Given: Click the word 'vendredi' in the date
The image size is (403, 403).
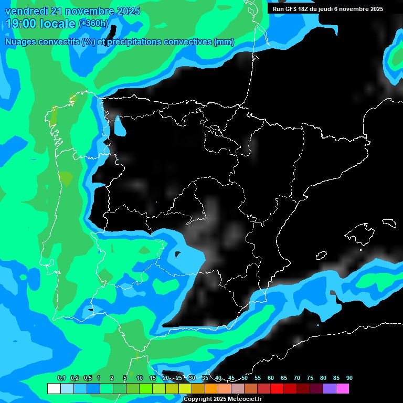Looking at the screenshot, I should [x=26, y=10].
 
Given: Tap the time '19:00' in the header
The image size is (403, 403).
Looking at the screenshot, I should [x=22, y=24].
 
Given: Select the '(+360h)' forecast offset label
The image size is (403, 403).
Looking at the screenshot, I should [x=94, y=24].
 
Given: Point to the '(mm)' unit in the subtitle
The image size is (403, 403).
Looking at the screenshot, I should [x=224, y=42].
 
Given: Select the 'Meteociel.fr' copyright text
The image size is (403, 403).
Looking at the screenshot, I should [x=245, y=399].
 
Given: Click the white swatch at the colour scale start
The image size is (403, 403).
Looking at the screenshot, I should [x=54, y=388].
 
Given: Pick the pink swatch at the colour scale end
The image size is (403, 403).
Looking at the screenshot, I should [x=342, y=388].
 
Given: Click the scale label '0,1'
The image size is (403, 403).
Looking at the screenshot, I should [x=61, y=378].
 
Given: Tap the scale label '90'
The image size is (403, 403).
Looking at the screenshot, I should [x=349, y=378].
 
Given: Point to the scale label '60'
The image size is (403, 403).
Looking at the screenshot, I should [x=271, y=378].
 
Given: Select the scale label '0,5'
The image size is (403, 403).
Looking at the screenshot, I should [x=88, y=378].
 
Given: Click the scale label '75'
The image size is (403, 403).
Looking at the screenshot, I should [x=310, y=378].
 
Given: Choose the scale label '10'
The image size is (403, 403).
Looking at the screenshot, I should [x=140, y=378].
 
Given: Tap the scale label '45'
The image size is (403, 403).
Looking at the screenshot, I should [x=231, y=378].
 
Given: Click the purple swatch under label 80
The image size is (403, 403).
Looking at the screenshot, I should [x=329, y=388].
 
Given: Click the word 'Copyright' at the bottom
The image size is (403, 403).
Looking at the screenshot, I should [x=198, y=399].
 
